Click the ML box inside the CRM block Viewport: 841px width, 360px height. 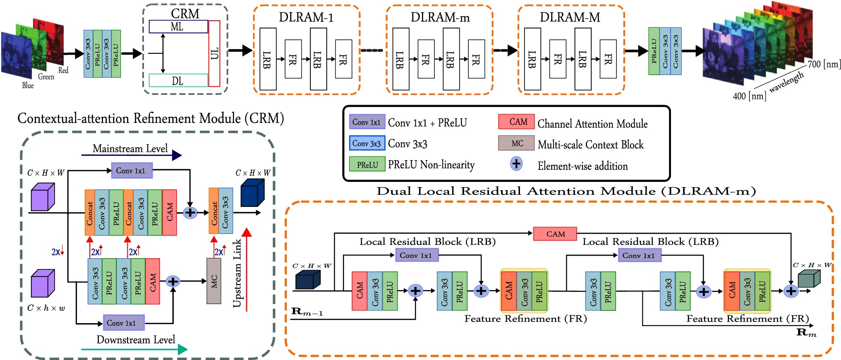178,27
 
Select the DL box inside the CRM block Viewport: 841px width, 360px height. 178,81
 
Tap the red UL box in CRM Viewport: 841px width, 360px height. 214,54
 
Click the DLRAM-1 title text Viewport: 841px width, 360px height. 306,17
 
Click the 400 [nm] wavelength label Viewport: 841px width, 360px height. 749,96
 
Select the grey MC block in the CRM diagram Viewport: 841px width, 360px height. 214,281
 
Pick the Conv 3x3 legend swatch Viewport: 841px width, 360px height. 367,143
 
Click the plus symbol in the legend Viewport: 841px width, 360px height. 516,164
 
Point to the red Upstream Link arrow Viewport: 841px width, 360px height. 247,269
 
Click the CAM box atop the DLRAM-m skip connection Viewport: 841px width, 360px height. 555,234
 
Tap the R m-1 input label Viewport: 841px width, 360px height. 307,312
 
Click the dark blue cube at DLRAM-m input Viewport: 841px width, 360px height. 307,280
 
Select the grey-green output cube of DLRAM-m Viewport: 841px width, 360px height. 808,278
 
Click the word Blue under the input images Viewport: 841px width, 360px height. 28,86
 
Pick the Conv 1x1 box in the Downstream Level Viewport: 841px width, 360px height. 124,323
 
